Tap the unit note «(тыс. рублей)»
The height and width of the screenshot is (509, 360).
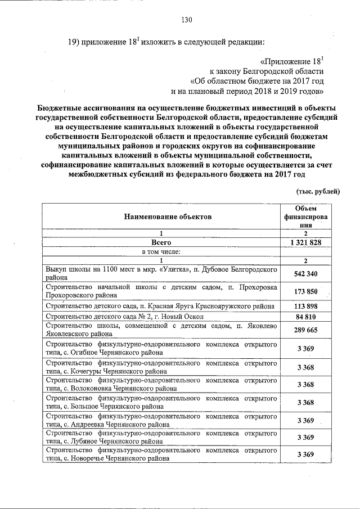tap(318, 192)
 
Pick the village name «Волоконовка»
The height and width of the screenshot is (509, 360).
tap(90, 389)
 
